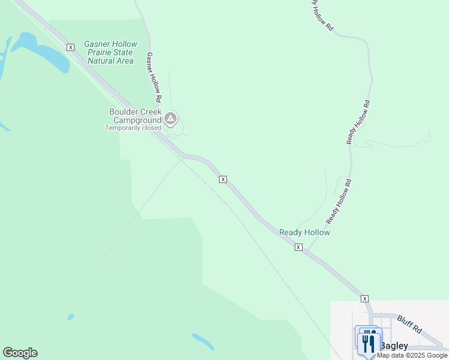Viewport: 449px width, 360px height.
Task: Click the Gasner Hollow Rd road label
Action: click(154, 76)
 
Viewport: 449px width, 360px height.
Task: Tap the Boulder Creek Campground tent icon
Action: click(171, 119)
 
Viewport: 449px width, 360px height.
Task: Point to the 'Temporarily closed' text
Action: click(133, 128)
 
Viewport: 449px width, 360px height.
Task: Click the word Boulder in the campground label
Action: click(124, 112)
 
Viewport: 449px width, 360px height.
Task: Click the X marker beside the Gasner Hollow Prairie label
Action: click(70, 47)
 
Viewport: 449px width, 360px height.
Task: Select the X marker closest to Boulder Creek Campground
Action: click(223, 179)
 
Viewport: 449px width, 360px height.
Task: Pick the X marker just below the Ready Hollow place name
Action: click(298, 247)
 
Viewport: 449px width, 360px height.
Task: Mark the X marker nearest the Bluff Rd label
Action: click(364, 298)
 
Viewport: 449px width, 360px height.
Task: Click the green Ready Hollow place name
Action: click(305, 232)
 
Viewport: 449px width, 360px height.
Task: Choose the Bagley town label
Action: click(394, 346)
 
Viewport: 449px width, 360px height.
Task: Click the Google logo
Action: click(20, 353)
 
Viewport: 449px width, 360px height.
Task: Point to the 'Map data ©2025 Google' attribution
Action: click(412, 355)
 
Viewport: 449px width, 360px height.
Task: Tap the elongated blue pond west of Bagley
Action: click(203, 341)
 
